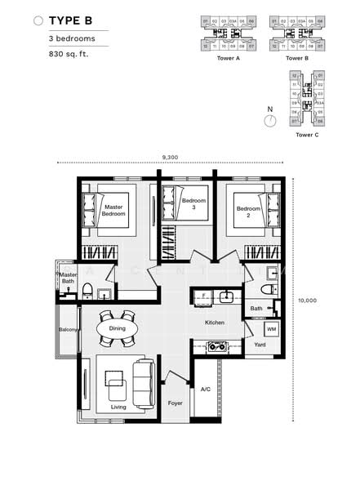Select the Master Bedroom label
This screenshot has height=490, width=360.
tap(113, 212)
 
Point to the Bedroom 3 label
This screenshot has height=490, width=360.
tap(193, 204)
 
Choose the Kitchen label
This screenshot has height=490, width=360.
tap(215, 323)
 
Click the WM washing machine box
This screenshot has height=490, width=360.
tap(272, 329)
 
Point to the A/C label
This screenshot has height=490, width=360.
tap(205, 390)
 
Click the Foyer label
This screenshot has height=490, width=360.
tap(176, 403)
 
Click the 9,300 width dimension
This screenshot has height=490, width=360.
tap(171, 156)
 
